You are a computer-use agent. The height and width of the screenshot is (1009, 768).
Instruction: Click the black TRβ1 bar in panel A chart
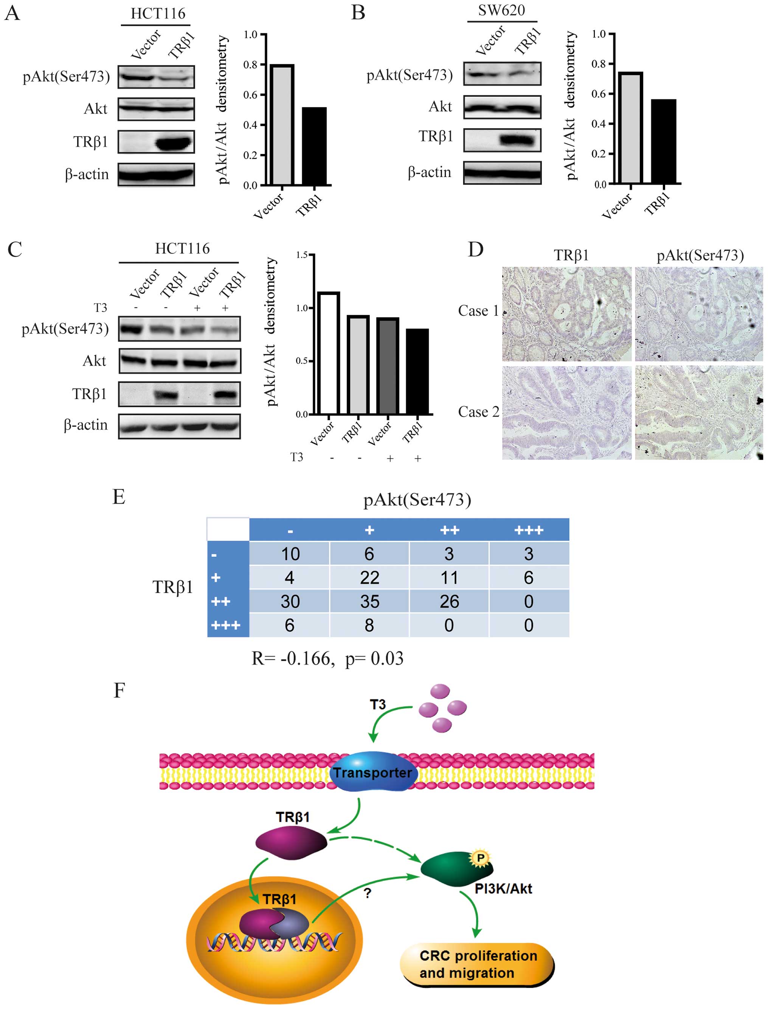click(314, 146)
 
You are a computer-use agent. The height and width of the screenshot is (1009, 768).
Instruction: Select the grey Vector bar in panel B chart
click(630, 128)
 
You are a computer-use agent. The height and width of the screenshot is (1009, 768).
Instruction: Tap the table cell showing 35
click(369, 601)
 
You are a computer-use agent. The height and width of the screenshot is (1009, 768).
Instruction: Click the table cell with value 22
click(369, 577)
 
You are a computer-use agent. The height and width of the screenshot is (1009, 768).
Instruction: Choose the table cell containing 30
click(290, 601)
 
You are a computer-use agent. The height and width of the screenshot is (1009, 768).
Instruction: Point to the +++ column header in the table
click(529, 530)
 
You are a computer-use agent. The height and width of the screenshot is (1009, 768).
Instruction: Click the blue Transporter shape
click(372, 772)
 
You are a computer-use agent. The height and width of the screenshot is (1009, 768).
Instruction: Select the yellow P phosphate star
click(481, 858)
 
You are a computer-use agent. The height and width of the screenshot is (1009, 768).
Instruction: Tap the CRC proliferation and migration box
click(478, 964)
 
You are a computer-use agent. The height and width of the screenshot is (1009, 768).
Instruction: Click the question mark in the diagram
click(368, 893)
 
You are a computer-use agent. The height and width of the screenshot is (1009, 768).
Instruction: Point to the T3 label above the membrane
click(378, 705)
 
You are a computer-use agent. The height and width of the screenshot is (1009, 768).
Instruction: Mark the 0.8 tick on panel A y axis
click(250, 64)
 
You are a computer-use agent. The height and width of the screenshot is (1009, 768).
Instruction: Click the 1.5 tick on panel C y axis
click(302, 255)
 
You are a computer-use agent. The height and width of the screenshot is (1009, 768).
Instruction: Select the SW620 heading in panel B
click(501, 11)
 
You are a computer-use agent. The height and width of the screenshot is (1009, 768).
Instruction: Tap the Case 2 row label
click(478, 412)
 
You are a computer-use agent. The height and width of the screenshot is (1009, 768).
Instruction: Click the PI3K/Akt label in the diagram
click(503, 889)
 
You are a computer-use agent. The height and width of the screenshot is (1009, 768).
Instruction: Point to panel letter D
click(475, 250)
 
